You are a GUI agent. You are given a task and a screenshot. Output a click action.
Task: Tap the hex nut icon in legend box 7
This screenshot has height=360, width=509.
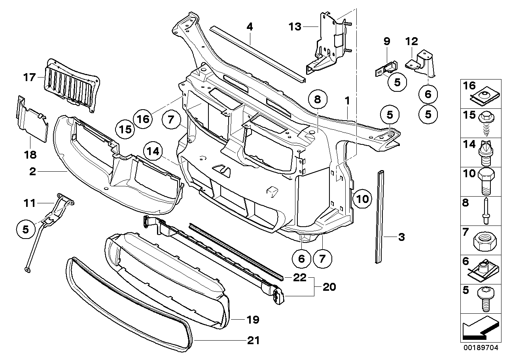coord(484,240)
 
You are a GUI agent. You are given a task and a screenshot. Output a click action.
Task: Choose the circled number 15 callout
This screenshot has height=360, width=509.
coord(125,129)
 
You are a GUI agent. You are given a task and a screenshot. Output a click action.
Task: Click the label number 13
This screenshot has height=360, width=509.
coord(295,27)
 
